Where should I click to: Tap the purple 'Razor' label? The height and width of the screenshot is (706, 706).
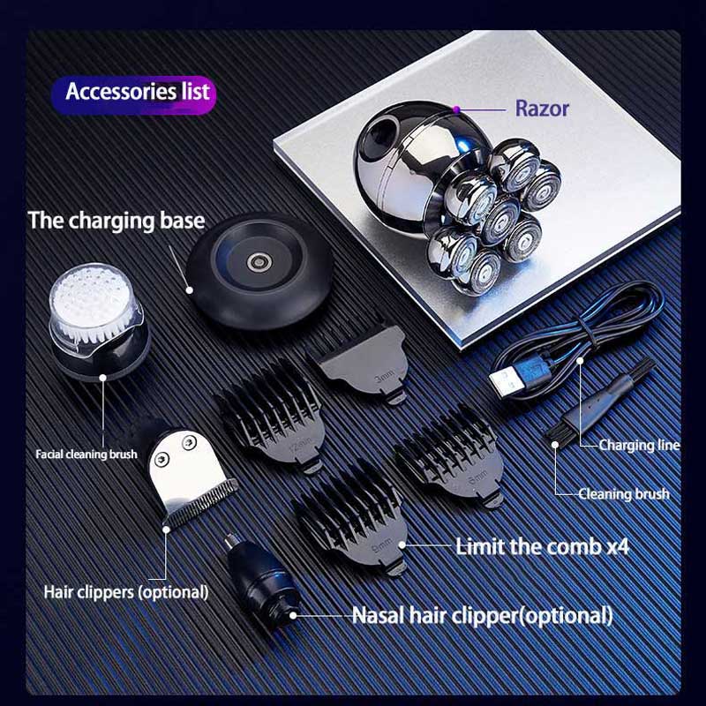click(542, 109)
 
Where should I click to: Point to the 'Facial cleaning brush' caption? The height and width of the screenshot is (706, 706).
click(86, 454)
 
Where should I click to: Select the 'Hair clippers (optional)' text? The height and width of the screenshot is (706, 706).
click(126, 592)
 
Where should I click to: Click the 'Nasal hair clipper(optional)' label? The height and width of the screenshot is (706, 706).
click(482, 615)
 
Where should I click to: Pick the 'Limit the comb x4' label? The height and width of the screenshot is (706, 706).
click(542, 547)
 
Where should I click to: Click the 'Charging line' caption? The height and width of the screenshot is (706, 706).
click(639, 445)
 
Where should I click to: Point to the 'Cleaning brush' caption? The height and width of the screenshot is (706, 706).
click(624, 494)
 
